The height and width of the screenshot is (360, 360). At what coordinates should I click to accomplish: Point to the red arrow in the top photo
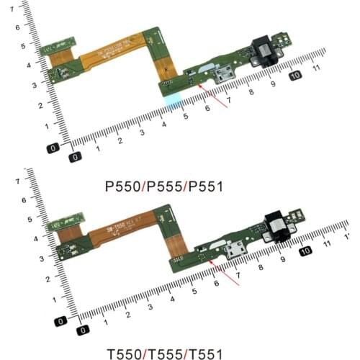(x=214, y=96)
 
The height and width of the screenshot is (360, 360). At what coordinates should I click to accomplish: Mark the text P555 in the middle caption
(x=165, y=186)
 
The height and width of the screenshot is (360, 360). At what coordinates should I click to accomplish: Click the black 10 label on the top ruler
(x=295, y=76)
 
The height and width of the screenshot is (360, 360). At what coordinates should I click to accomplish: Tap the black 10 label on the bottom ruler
(x=306, y=251)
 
